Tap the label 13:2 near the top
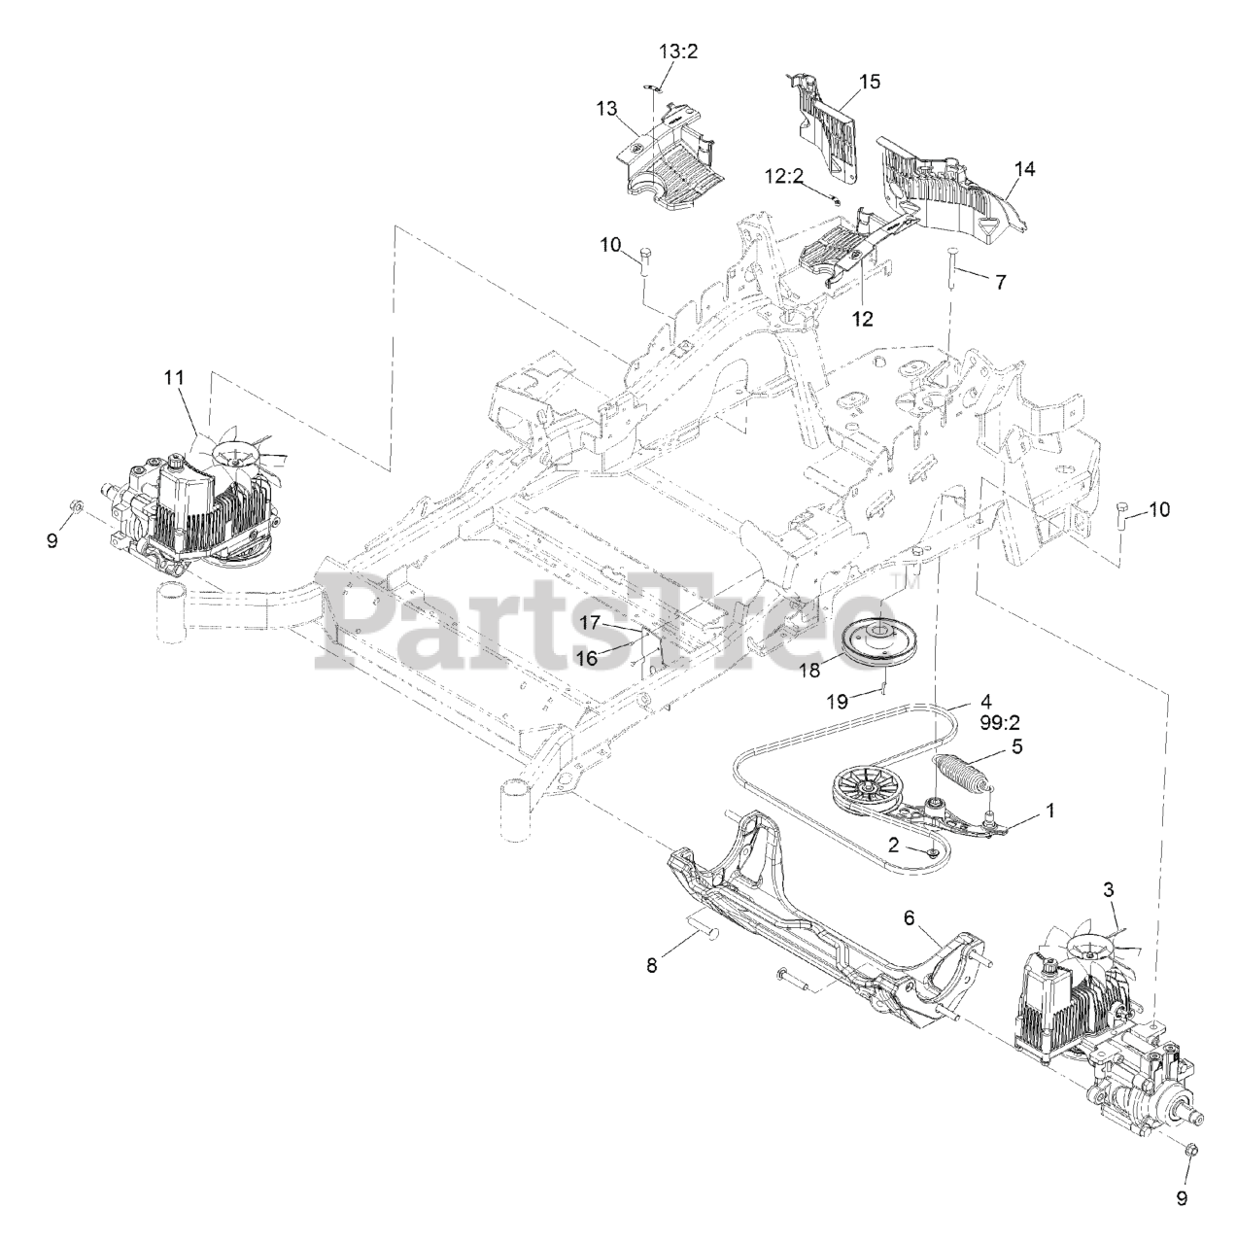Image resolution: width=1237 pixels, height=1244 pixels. (678, 52)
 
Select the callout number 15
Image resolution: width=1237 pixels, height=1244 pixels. (870, 82)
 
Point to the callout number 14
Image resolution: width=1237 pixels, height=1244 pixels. (1023, 168)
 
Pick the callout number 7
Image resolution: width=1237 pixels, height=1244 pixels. (1001, 281)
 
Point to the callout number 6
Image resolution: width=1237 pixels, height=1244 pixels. (909, 916)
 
